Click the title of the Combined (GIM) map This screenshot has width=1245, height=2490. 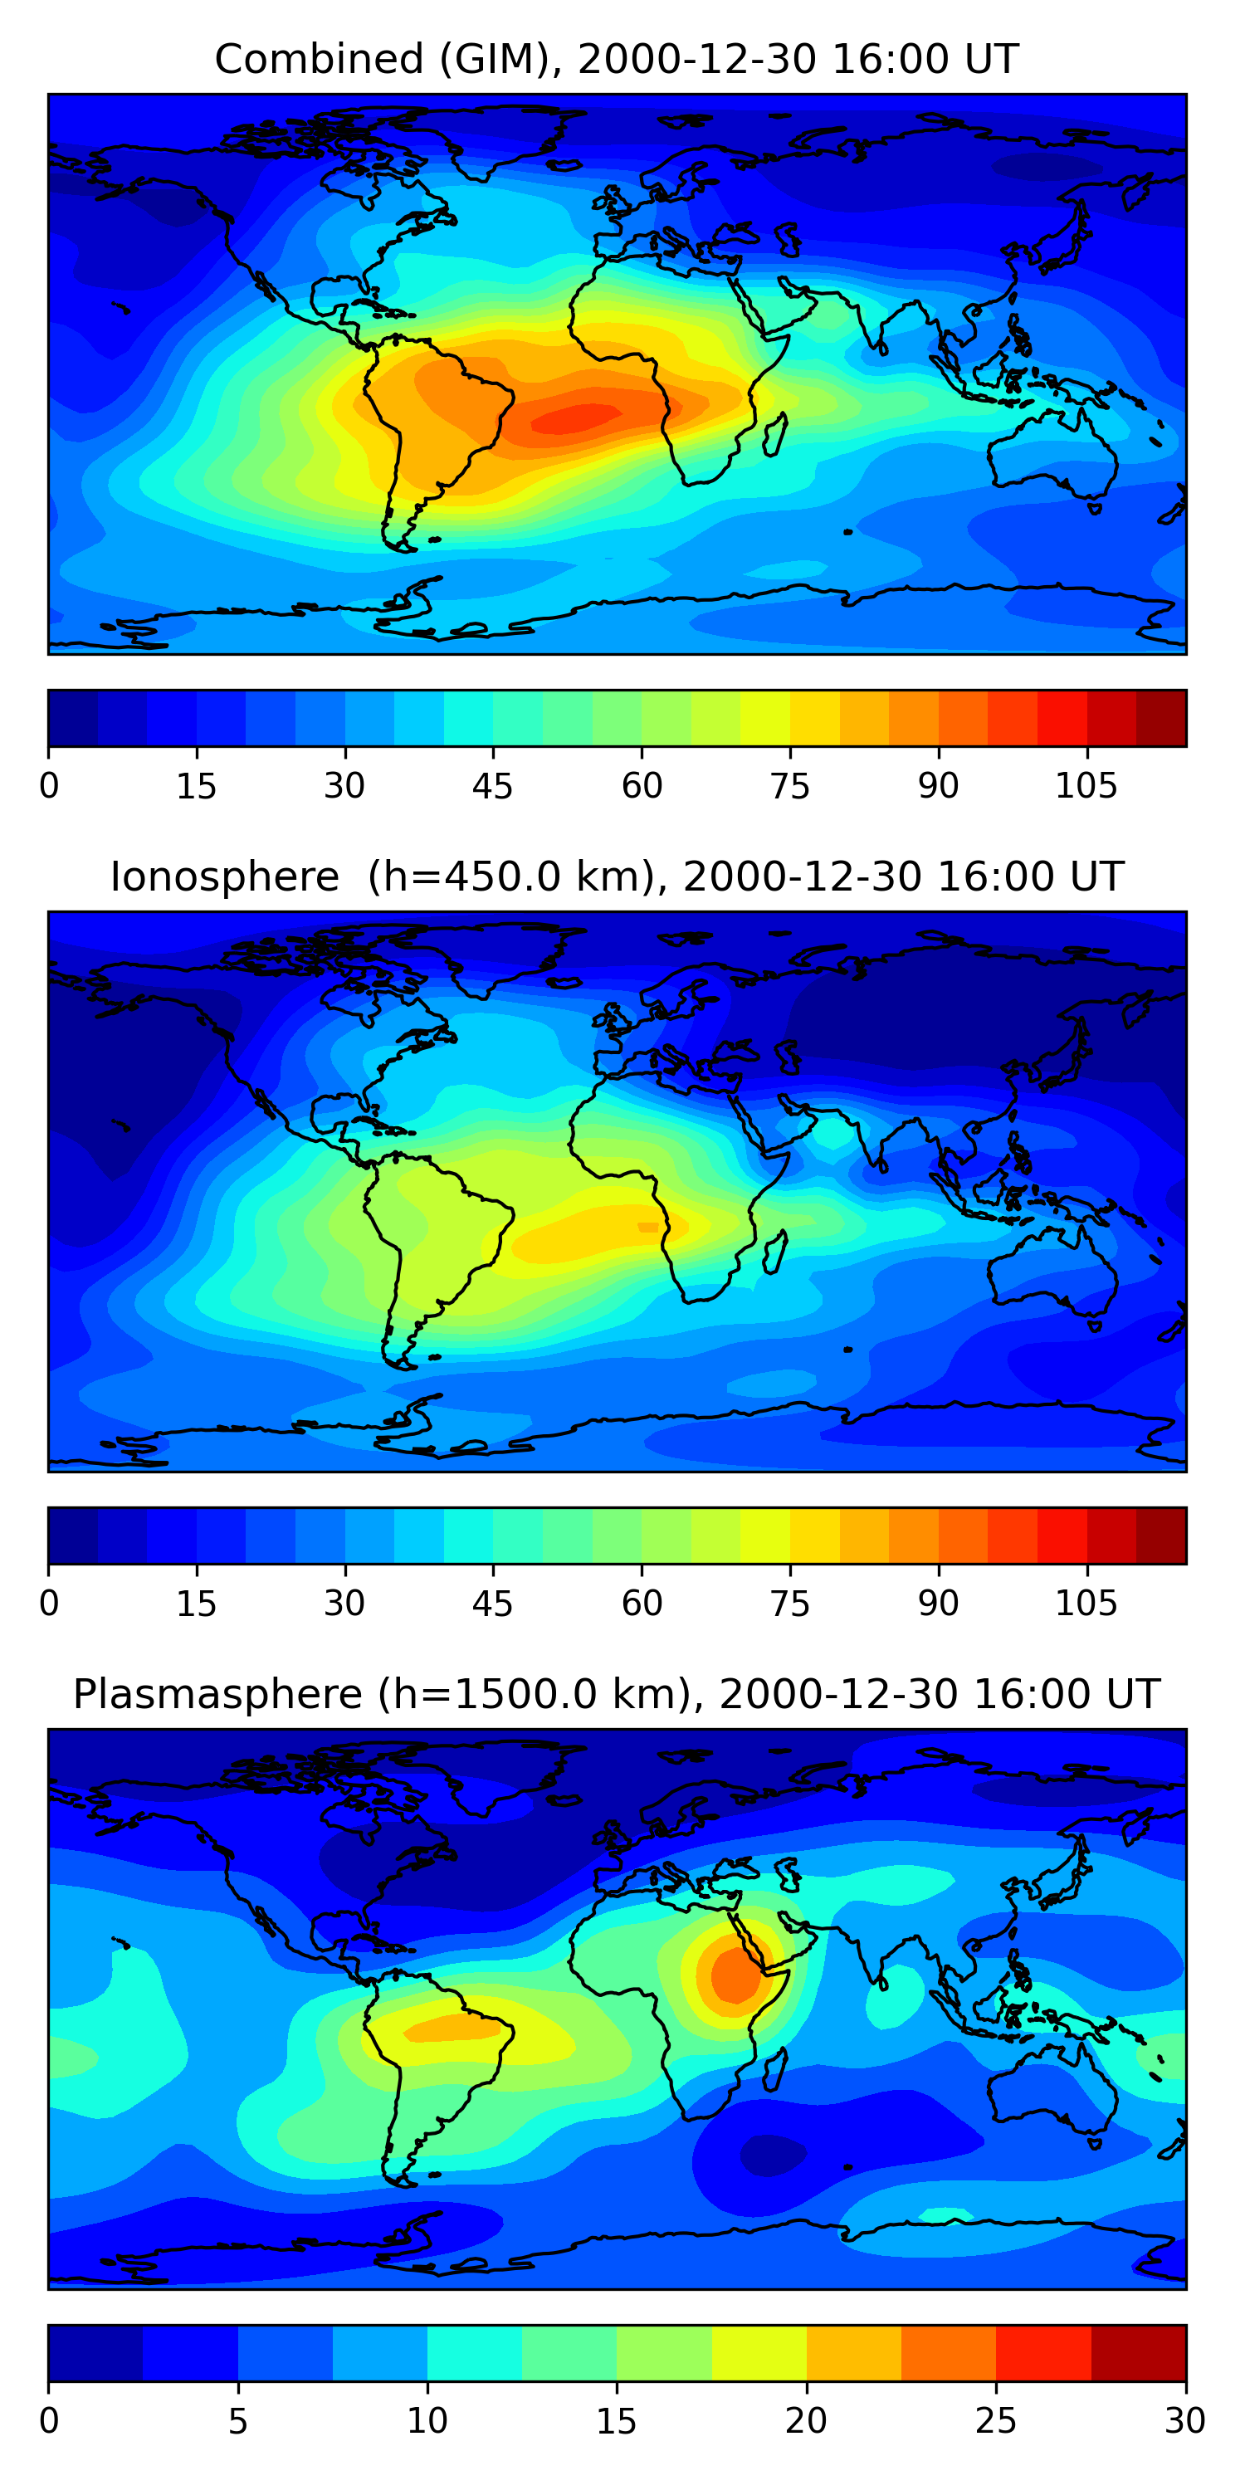pyautogui.click(x=616, y=59)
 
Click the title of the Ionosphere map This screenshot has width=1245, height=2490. pyautogui.click(x=616, y=876)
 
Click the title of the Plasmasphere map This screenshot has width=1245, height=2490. pyautogui.click(x=616, y=1695)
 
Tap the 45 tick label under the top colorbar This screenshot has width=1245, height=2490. pyautogui.click(x=492, y=786)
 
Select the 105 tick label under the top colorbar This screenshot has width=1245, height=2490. pyautogui.click(x=1086, y=786)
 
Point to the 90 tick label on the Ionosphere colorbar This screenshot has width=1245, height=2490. pyautogui.click(x=938, y=1604)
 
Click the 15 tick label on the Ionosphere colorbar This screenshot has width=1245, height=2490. pyautogui.click(x=196, y=1604)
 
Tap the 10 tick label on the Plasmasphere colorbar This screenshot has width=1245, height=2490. pyautogui.click(x=427, y=2420)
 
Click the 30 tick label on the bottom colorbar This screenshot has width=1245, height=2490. pyautogui.click(x=1184, y=2420)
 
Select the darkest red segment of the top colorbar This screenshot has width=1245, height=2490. pyautogui.click(x=1161, y=718)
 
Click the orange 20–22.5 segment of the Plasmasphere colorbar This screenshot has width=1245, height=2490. pyautogui.click(x=853, y=2353)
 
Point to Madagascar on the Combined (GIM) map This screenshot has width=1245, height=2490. pyautogui.click(x=774, y=435)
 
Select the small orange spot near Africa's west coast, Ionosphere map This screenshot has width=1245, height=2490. pyautogui.click(x=647, y=1228)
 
